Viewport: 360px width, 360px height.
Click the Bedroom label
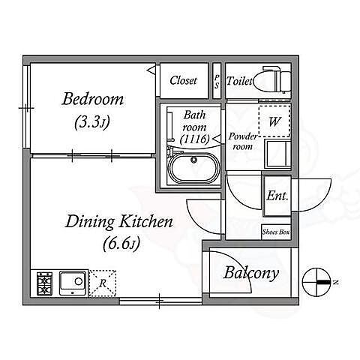[x=93, y=99]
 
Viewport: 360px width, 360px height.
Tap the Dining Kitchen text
[x=119, y=222]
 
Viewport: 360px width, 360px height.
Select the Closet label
[x=183, y=80]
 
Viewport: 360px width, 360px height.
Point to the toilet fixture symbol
[x=272, y=79]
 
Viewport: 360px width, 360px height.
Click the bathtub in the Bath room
[x=194, y=167]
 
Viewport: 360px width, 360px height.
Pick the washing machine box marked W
[x=274, y=121]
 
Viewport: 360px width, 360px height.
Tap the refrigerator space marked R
[x=103, y=283]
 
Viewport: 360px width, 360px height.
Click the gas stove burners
[x=44, y=283]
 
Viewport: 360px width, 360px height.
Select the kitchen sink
[x=73, y=283]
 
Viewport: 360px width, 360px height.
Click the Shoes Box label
[x=276, y=232]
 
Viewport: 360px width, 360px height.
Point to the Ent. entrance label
[x=277, y=196]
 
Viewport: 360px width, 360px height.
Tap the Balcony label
[x=250, y=273]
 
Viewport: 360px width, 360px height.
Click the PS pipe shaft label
[x=217, y=81]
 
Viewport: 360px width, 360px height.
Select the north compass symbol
[x=316, y=282]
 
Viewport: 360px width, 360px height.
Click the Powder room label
[x=242, y=141]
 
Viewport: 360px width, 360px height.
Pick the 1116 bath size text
[x=195, y=139]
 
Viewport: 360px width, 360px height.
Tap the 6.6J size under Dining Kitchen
[x=121, y=243]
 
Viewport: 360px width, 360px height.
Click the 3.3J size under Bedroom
[x=92, y=122]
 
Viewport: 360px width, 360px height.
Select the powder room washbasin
[x=277, y=154]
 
